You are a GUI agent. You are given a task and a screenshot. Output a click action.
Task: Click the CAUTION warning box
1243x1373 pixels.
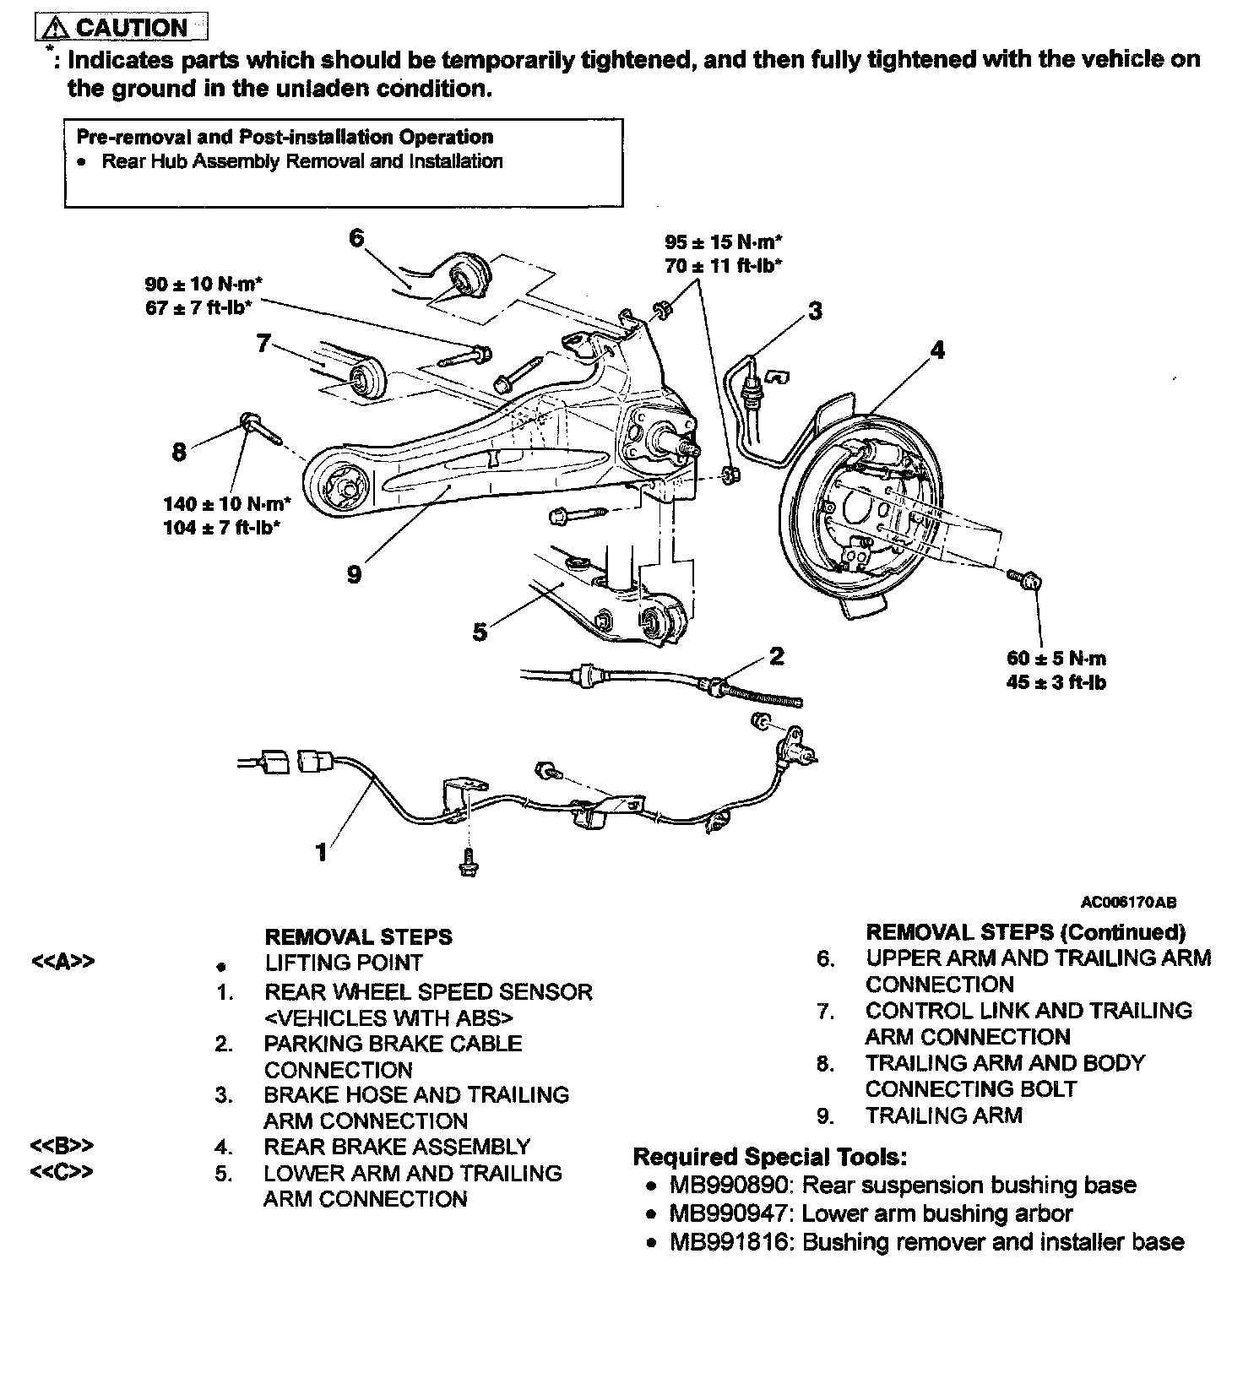(122, 27)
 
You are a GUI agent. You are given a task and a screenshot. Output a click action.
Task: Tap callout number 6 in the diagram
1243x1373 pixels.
(356, 239)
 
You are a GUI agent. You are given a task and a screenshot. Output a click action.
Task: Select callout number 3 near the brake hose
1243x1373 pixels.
(814, 311)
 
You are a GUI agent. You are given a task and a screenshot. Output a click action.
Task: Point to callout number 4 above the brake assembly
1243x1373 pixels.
(937, 350)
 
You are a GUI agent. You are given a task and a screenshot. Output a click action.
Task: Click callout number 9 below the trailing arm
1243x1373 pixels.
(354, 574)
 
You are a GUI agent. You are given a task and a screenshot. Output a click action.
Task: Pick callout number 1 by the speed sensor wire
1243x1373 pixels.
(321, 852)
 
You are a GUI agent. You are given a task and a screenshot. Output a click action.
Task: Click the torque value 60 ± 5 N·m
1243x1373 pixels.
(1056, 659)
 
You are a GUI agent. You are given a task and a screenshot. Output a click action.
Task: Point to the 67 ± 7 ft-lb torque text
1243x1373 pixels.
(200, 307)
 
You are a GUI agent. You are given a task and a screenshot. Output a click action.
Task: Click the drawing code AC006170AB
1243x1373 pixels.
(1128, 903)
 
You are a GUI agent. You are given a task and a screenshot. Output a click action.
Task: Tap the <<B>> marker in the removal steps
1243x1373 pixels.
(62, 1146)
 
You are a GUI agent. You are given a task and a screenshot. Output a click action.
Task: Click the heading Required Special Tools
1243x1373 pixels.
(769, 1156)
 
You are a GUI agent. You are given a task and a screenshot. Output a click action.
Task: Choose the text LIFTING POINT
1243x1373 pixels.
(343, 963)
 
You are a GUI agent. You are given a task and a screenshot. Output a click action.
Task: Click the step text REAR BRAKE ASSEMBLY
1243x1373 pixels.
(397, 1147)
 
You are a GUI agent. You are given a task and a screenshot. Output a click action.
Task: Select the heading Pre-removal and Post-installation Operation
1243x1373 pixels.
(285, 137)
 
